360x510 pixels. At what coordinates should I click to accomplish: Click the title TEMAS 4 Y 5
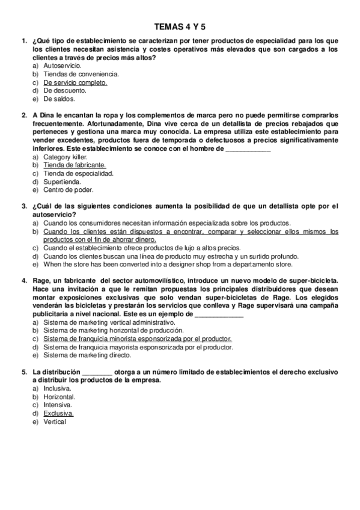[x=180, y=26]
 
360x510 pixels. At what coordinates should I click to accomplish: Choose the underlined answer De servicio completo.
[x=75, y=82]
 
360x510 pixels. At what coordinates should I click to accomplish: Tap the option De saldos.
[x=59, y=99]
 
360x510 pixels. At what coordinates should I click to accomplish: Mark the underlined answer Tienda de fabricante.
[x=75, y=165]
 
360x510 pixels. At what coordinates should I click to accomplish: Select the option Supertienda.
[x=62, y=182]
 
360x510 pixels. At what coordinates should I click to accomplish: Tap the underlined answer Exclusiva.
[x=58, y=413]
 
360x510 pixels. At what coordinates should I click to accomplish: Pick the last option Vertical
[x=55, y=422]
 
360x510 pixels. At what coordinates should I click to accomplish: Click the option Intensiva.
[x=58, y=405]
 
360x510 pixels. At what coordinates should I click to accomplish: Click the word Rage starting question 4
[x=39, y=280]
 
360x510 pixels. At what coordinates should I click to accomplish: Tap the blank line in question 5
[x=97, y=372]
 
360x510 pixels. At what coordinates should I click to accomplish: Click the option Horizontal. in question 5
[x=59, y=397]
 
